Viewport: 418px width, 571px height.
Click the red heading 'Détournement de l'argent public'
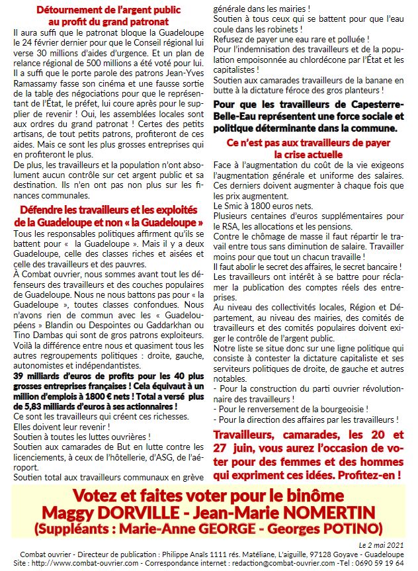tap(108, 10)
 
